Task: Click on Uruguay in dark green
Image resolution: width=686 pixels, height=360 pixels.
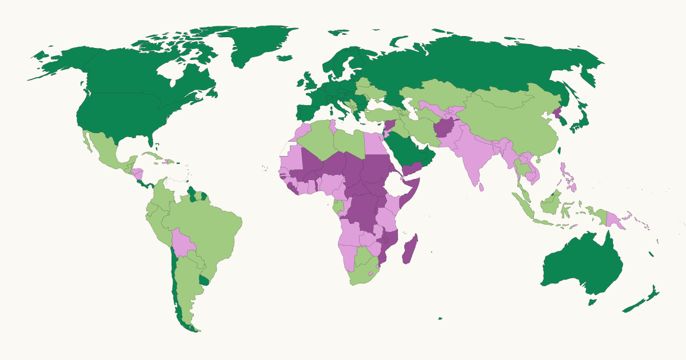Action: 204,281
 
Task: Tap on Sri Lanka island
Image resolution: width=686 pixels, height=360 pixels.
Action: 482,186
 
